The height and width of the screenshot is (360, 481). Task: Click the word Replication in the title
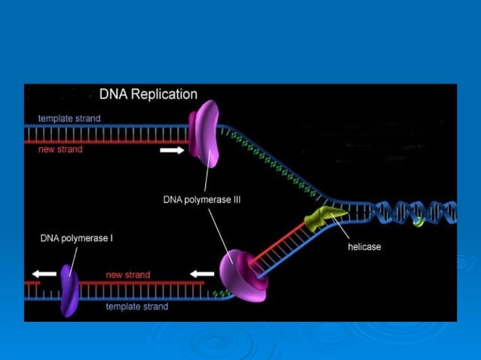[x=162, y=95]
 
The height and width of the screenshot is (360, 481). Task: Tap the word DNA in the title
[x=112, y=95]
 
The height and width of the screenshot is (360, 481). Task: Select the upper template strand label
[x=69, y=118]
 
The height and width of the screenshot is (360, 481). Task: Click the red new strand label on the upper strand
[x=60, y=149]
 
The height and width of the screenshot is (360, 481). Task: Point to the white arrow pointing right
[x=171, y=151]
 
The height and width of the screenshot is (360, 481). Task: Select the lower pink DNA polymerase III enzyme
[x=242, y=276]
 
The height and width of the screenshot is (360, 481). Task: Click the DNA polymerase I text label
[x=76, y=238]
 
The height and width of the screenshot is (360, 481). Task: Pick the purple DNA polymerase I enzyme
[x=69, y=288]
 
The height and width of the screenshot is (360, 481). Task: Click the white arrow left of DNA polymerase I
[x=44, y=273]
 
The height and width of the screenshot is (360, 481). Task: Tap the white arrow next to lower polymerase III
[x=201, y=273]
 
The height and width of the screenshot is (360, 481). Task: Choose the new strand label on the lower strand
[x=127, y=275]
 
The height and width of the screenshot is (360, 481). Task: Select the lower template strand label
[x=136, y=307]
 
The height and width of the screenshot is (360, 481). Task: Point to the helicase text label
[x=364, y=247]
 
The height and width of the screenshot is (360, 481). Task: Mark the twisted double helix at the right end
[x=418, y=214]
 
